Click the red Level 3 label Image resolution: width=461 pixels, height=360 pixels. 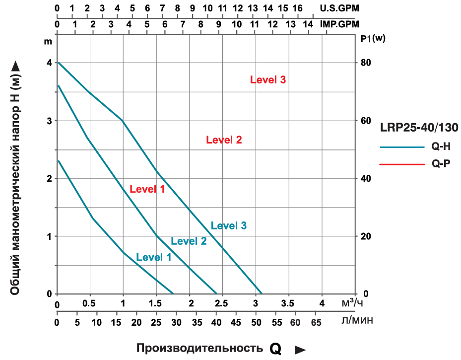267,79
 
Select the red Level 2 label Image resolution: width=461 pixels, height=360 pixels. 224,140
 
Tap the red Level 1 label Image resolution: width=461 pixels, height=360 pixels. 147,189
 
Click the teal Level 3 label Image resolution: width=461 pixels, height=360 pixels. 228,225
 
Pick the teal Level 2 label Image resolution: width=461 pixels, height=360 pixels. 189,241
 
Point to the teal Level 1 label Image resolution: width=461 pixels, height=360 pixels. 153,257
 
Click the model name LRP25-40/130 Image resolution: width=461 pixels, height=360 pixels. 419,127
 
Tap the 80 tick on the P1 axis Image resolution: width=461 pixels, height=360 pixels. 366,63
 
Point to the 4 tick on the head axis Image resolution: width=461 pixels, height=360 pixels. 49,63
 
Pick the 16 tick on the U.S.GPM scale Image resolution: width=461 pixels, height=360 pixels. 298,8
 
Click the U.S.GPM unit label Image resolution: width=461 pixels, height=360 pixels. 339,8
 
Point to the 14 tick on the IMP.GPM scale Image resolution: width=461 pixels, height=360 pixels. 308,24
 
